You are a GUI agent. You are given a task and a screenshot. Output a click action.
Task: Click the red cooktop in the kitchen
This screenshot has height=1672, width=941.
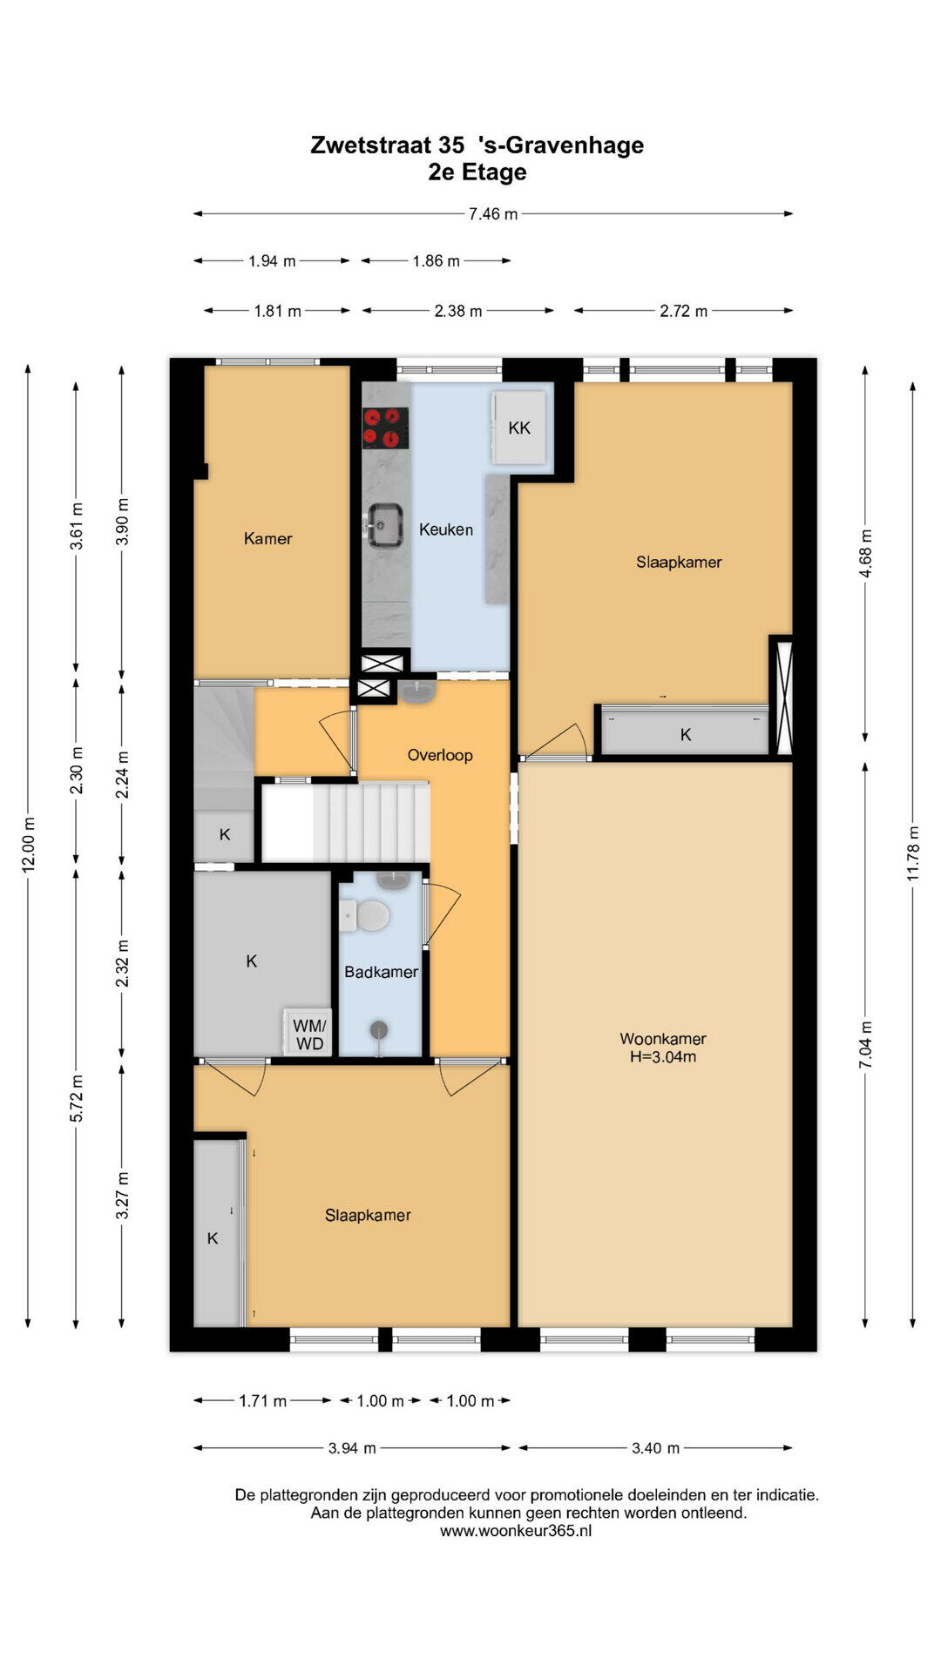point(386,428)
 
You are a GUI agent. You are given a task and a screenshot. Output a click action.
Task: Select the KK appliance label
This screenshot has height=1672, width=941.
point(519,428)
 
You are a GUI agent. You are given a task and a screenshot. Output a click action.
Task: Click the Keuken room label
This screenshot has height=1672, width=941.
point(446,529)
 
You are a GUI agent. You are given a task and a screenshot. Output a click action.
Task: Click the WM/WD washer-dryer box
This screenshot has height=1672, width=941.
point(309,1034)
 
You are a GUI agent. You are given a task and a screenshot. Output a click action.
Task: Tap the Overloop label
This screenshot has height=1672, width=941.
point(440,755)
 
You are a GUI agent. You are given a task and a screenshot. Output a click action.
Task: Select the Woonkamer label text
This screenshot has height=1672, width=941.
point(663,1038)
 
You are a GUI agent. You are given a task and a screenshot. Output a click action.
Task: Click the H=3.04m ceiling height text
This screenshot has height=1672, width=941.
point(663,1057)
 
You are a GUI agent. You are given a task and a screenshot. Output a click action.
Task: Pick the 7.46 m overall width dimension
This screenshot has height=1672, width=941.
point(493,213)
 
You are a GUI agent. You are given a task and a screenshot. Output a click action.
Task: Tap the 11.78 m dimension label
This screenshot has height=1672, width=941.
point(913,852)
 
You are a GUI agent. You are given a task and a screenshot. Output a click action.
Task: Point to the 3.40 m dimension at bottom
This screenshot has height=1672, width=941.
point(655,1448)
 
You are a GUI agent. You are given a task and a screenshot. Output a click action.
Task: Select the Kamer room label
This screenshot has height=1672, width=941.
point(268,538)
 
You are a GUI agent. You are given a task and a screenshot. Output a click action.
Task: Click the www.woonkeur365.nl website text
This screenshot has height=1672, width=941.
point(516,1530)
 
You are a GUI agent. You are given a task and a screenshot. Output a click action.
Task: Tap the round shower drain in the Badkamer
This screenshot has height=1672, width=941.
point(379,1030)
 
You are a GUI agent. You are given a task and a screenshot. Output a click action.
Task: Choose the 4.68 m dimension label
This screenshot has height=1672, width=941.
point(865,553)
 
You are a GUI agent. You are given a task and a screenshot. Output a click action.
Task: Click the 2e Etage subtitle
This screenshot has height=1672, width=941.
point(477,172)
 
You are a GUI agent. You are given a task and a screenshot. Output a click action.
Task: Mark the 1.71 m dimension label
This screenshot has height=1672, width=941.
point(262,1401)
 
